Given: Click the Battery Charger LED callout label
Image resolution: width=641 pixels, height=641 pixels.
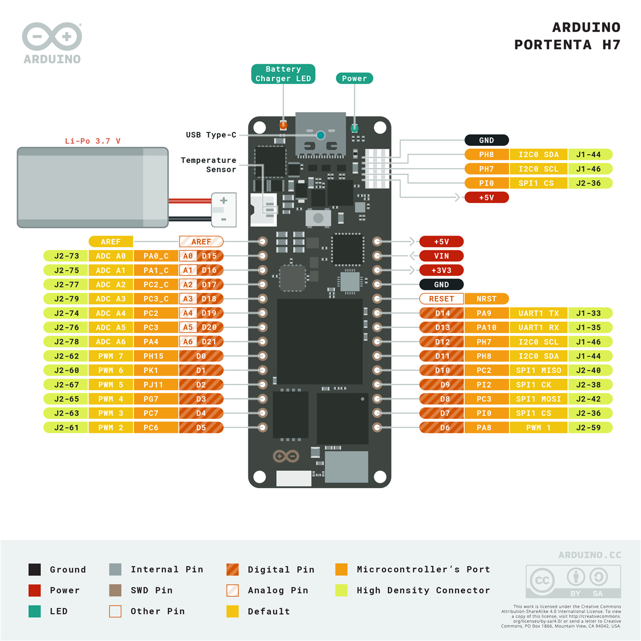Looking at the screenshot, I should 283,74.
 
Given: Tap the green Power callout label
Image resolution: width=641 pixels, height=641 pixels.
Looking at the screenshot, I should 354,79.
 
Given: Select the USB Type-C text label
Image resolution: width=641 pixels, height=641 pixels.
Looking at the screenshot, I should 211,135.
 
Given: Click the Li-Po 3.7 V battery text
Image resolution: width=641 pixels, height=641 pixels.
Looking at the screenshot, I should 92,141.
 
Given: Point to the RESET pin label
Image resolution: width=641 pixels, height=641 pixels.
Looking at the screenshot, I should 441,299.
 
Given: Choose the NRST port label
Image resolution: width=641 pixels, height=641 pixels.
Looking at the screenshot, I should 486,299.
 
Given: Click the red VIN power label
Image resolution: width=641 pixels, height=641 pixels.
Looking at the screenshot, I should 441,256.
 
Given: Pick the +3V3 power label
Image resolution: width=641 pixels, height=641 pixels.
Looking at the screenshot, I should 441,270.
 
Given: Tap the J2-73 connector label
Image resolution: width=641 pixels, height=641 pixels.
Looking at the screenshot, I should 66,256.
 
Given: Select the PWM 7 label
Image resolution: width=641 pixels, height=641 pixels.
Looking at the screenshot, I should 111,356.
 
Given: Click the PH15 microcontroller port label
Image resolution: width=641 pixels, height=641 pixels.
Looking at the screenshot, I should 153,356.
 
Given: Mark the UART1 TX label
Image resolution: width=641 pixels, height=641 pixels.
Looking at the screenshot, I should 538,314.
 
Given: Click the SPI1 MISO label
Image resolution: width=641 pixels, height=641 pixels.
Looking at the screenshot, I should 538,371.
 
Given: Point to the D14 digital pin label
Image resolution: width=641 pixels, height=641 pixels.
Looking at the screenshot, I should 442,314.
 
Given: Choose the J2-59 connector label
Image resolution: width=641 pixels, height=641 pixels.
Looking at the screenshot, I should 589,428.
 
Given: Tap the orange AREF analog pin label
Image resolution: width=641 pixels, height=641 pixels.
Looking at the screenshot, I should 201,242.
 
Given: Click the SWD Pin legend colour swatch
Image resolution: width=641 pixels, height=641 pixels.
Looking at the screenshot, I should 115,590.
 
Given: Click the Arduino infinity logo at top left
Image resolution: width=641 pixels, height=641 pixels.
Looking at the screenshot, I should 52,37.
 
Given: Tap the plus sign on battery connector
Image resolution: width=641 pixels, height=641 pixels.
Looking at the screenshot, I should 224,201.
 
